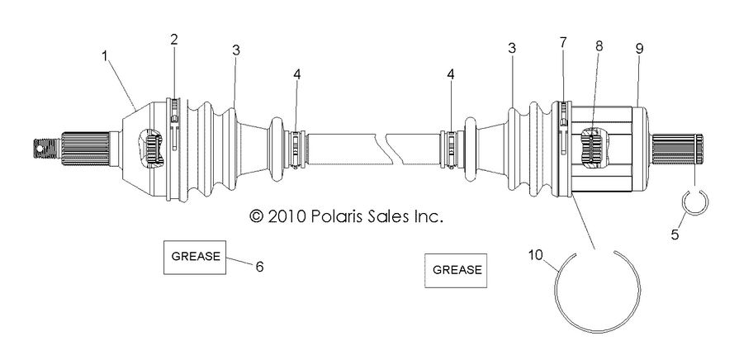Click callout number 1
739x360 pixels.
click(105, 55)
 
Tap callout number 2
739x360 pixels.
click(174, 39)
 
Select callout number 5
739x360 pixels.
click(675, 235)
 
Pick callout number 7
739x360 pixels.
click(564, 41)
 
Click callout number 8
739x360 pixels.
click(599, 45)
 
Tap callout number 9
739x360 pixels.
click(639, 48)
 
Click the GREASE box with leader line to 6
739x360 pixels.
click(196, 256)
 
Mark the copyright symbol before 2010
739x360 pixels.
click(256, 216)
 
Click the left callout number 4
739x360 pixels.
click(296, 74)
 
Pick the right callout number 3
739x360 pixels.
click(512, 50)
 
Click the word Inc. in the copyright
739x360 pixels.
click(428, 216)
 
